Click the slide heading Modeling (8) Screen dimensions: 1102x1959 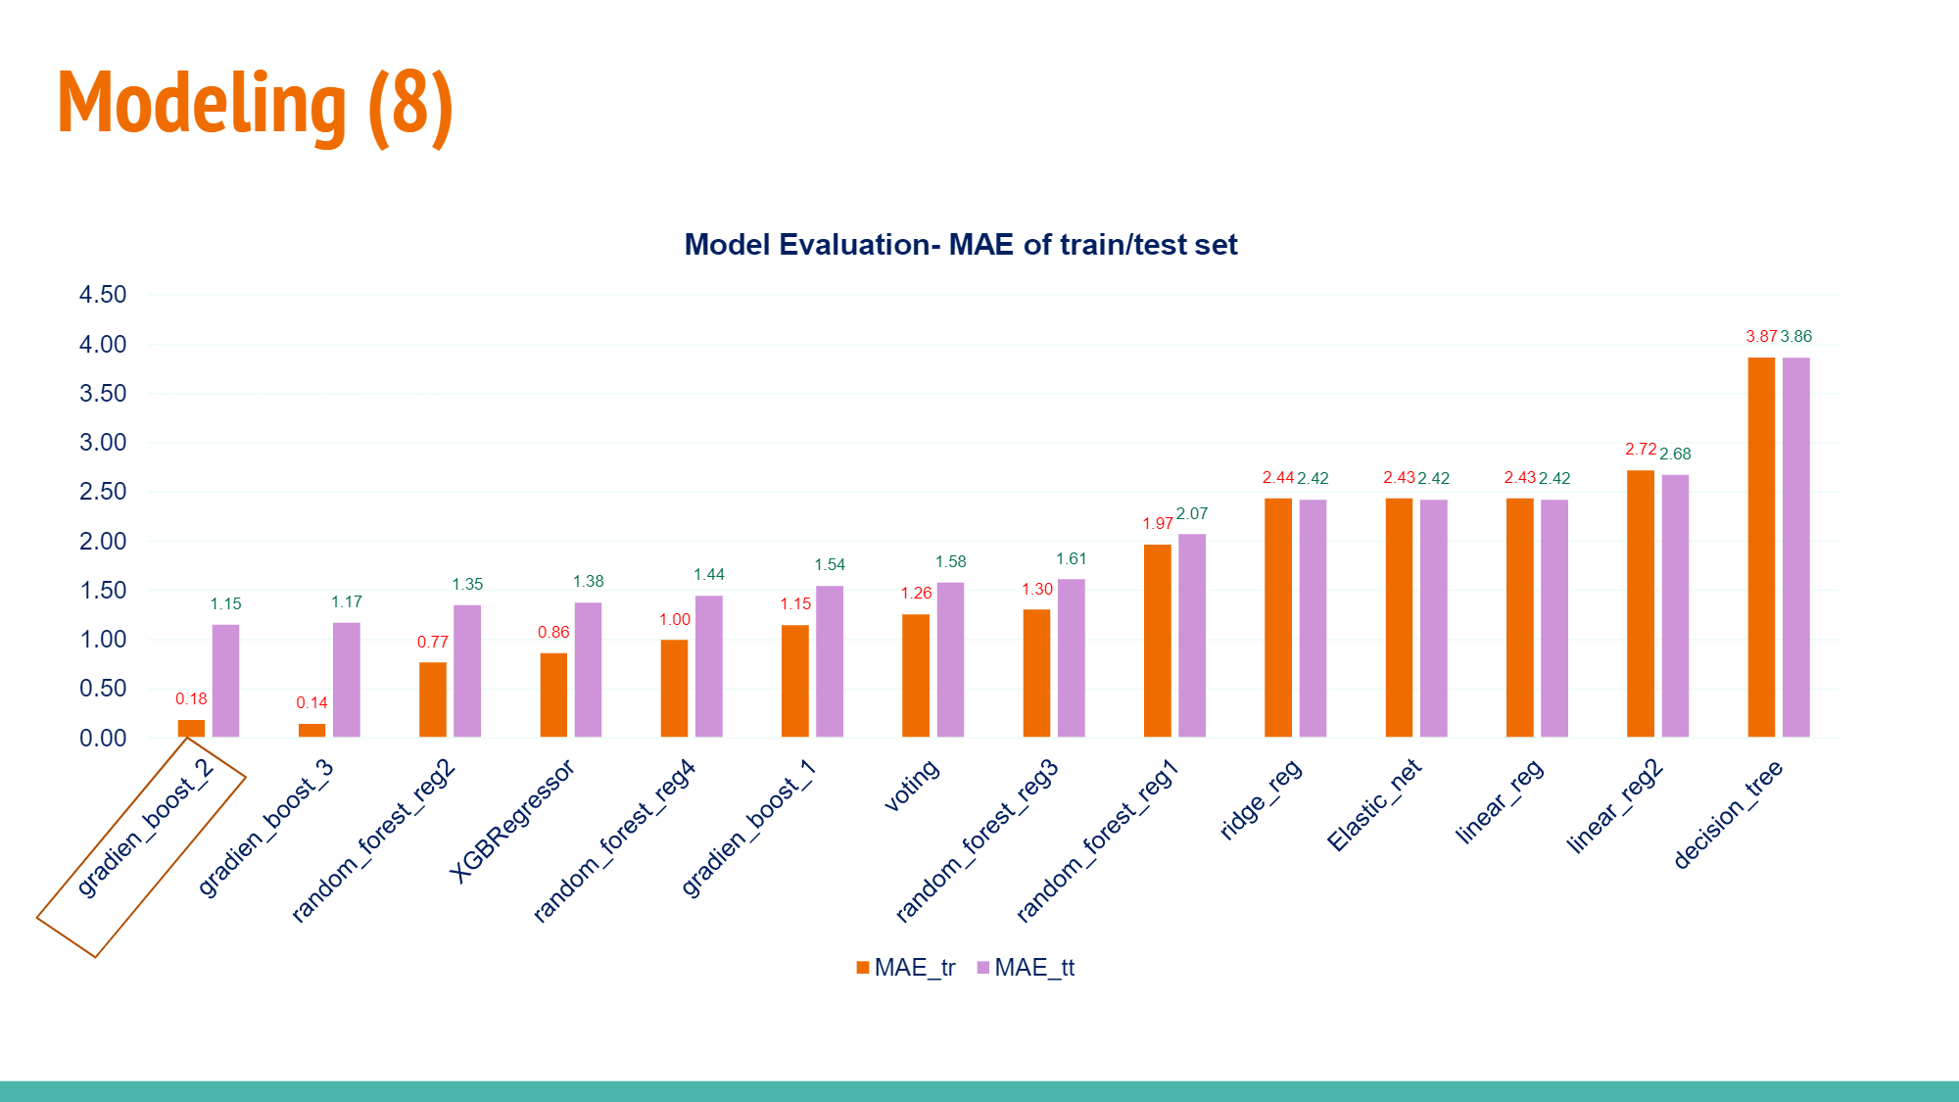point(255,105)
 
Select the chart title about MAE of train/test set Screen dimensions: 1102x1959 point(960,245)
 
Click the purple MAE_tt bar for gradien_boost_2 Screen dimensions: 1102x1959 point(225,681)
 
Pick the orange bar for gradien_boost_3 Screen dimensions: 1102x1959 point(311,730)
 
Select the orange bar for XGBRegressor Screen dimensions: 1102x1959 point(553,695)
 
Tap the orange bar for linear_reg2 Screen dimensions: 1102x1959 point(1640,603)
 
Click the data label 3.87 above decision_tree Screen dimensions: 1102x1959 point(1760,337)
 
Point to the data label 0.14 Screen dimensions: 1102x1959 point(311,703)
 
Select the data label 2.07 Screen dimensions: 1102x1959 point(1192,514)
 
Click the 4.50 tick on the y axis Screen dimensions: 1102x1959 point(103,295)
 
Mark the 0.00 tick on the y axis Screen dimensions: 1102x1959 point(103,739)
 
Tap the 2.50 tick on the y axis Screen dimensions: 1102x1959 point(103,492)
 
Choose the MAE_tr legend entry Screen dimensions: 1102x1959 point(905,968)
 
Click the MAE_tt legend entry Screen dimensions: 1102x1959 point(1026,968)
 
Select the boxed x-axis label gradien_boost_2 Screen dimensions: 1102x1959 point(144,829)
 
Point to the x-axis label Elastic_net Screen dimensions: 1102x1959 point(1373,805)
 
